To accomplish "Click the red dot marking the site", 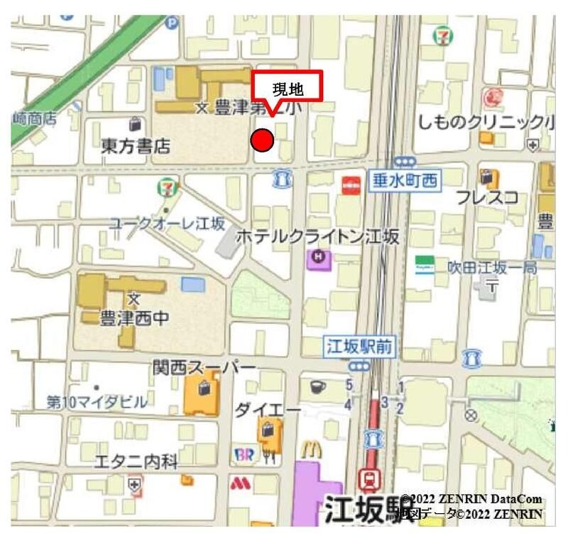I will [x=263, y=140].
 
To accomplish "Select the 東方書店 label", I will [x=136, y=146].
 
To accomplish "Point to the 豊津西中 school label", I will [x=125, y=317].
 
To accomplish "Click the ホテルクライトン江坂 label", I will [x=317, y=237].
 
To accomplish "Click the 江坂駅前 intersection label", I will [x=360, y=347].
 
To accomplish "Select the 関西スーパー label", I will [x=204, y=367].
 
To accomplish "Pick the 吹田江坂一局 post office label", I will [x=491, y=268].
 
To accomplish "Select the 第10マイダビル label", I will [x=97, y=402].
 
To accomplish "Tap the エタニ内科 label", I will [x=136, y=462].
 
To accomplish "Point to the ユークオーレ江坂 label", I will [x=166, y=224].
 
